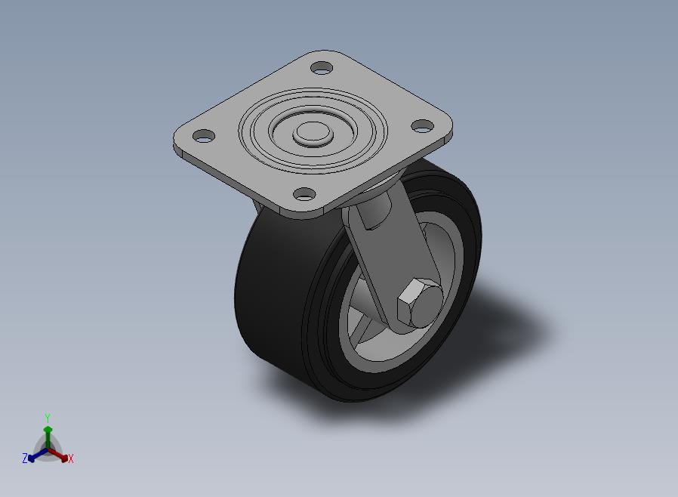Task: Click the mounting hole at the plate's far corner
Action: [x=322, y=68]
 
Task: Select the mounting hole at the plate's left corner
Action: [x=204, y=136]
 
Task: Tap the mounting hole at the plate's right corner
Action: [x=422, y=126]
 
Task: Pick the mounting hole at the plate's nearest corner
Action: [x=304, y=194]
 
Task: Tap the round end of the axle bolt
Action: [x=426, y=306]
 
